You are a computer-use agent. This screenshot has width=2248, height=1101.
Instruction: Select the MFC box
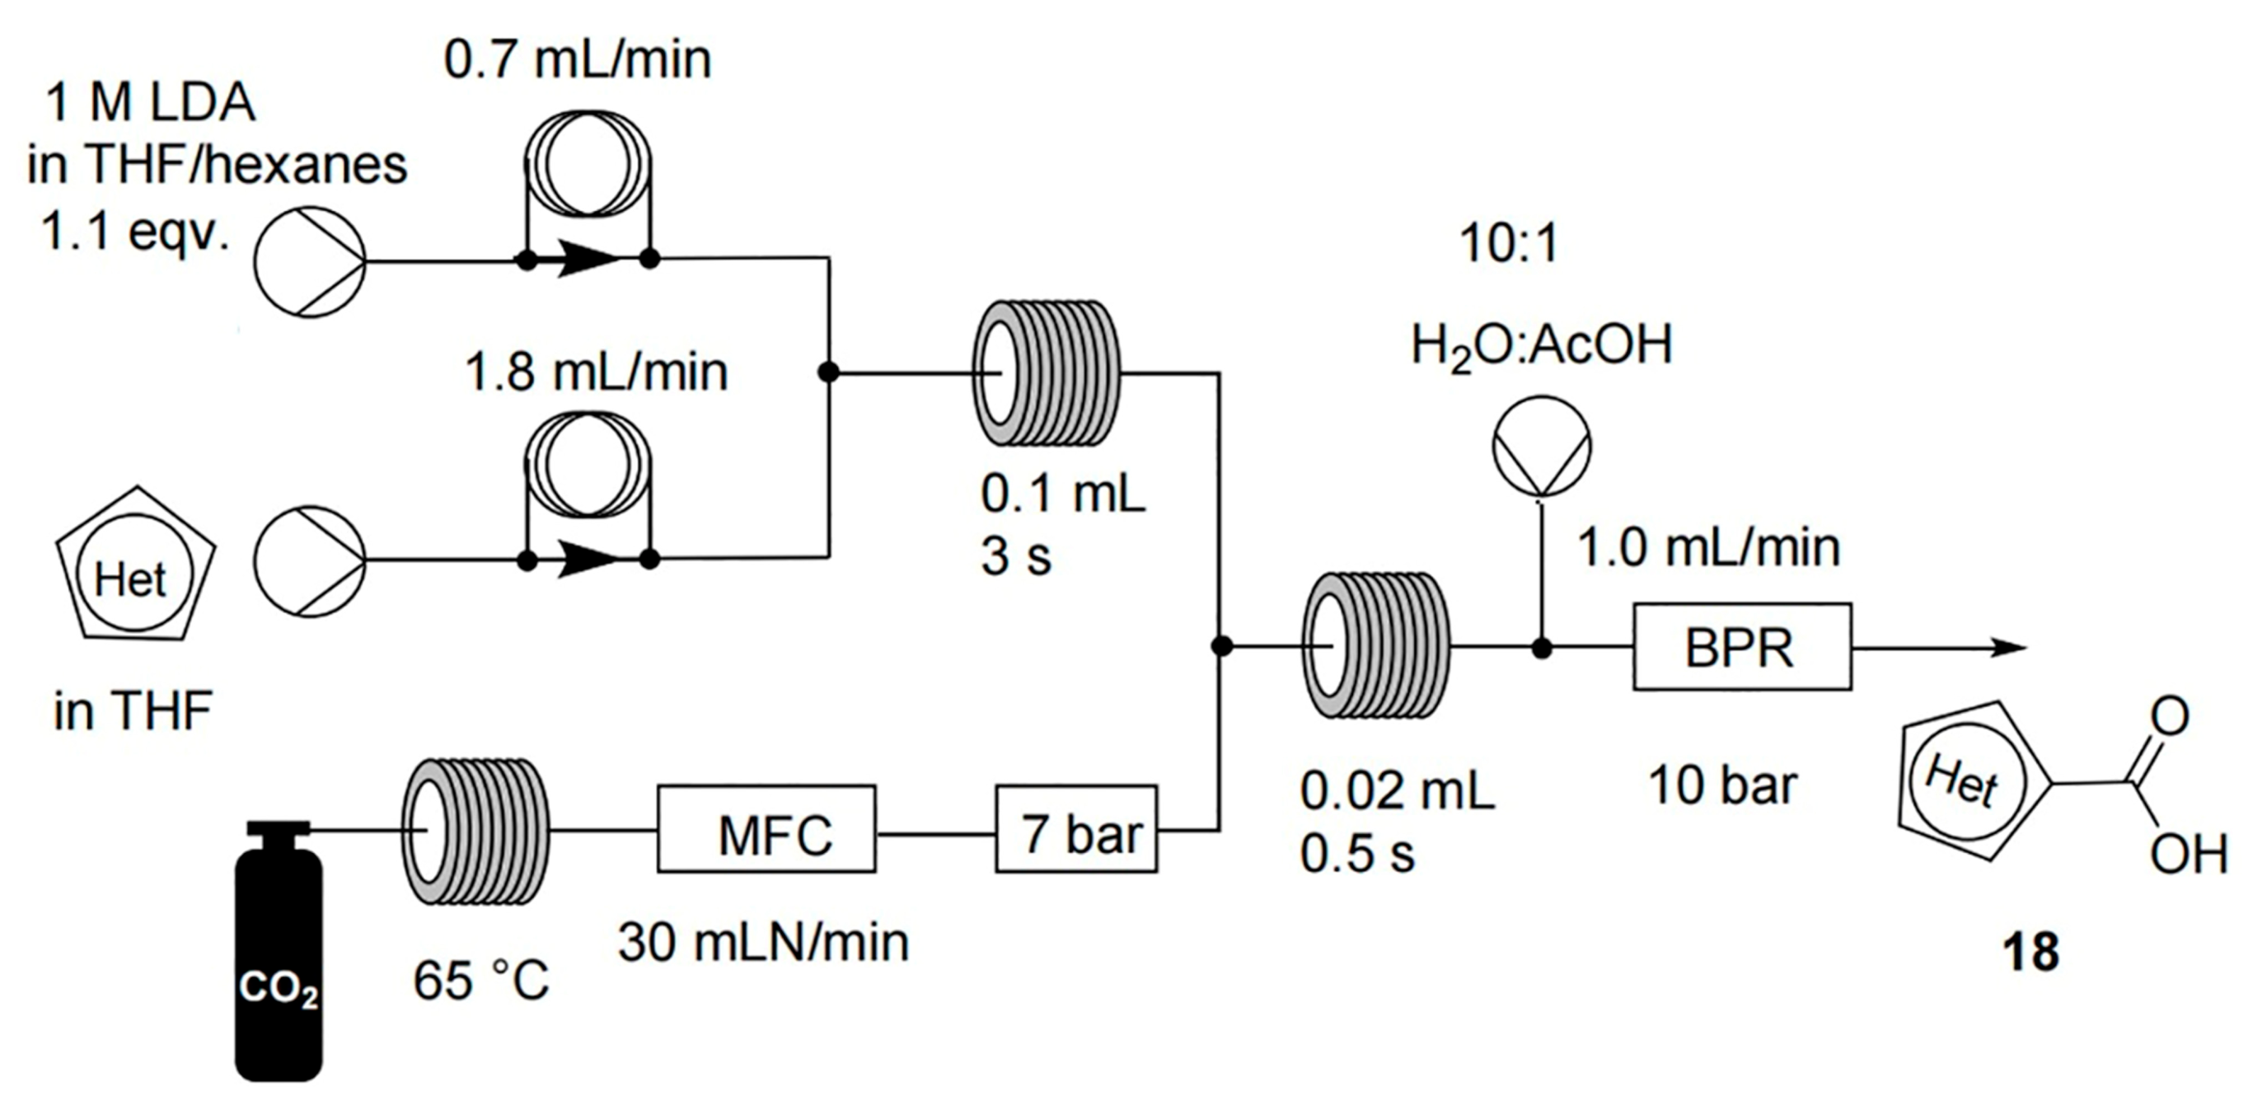point(766,829)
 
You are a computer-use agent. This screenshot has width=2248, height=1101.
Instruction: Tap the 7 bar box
point(1076,829)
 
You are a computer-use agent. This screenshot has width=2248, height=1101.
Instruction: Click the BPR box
point(1742,646)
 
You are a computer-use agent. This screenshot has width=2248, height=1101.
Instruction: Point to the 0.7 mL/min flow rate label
point(578,59)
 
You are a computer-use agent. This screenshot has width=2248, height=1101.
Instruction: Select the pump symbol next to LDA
point(310,262)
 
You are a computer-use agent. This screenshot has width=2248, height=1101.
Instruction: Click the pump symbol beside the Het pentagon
point(310,561)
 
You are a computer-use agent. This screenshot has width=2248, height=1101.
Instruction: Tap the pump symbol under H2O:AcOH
point(1542,447)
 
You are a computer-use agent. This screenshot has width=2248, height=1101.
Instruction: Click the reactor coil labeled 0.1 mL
point(1045,373)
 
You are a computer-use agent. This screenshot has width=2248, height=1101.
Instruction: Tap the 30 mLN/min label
point(764,943)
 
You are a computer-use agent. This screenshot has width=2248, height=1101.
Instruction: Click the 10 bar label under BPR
point(1722,785)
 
